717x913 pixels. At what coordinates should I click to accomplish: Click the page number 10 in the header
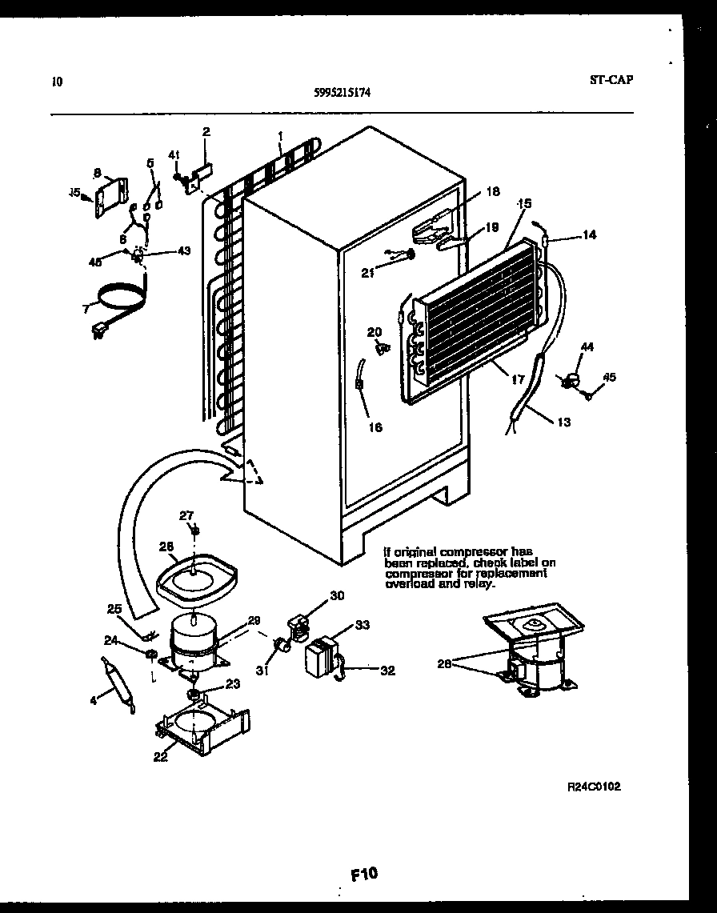pyautogui.click(x=55, y=81)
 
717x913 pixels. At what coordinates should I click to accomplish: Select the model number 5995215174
pyautogui.click(x=342, y=92)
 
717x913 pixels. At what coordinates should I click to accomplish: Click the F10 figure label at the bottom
pyautogui.click(x=364, y=874)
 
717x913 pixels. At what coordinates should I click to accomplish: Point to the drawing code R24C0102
pyautogui.click(x=593, y=787)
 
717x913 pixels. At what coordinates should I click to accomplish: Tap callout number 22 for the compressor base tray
pyautogui.click(x=160, y=756)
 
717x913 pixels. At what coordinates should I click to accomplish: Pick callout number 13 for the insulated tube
pyautogui.click(x=563, y=422)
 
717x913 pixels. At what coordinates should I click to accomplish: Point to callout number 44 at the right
pyautogui.click(x=587, y=346)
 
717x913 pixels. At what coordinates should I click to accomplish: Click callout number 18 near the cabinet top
pyautogui.click(x=492, y=191)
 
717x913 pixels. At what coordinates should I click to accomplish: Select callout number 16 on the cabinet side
pyautogui.click(x=375, y=427)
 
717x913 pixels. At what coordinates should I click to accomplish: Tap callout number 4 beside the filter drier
pyautogui.click(x=93, y=702)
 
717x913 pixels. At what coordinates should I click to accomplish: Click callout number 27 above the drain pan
pyautogui.click(x=186, y=515)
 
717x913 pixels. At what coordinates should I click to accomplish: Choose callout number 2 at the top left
pyautogui.click(x=206, y=131)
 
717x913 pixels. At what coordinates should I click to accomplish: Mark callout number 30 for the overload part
pyautogui.click(x=336, y=595)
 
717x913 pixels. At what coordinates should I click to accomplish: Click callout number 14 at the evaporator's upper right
pyautogui.click(x=589, y=234)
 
